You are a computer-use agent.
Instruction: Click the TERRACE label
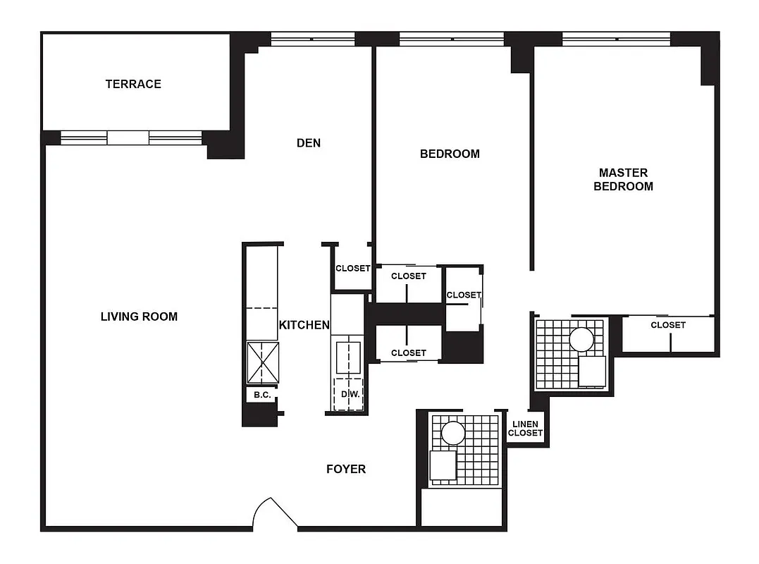pos(133,84)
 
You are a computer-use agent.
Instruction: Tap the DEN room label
pos(309,143)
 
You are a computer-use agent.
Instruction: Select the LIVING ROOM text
pos(139,317)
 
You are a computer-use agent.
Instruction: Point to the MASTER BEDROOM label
pos(623,179)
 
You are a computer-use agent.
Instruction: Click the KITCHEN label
pos(304,325)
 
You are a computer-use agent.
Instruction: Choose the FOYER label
pos(346,469)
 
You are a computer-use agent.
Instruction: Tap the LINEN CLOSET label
pos(525,429)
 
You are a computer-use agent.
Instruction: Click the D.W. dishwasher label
pos(350,394)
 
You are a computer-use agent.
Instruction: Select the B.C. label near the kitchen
pos(262,395)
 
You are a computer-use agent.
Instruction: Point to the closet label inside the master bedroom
pos(667,325)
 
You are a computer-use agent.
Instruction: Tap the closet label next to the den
pos(352,269)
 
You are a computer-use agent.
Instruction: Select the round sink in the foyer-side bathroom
pos(453,432)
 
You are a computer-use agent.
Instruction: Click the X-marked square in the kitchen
pos(262,362)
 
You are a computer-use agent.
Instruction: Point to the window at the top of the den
pos(312,39)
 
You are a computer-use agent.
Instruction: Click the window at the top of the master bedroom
pos(616,38)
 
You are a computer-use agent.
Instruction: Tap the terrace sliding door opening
pos(128,137)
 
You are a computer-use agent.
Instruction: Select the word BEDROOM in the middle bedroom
pos(450,154)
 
